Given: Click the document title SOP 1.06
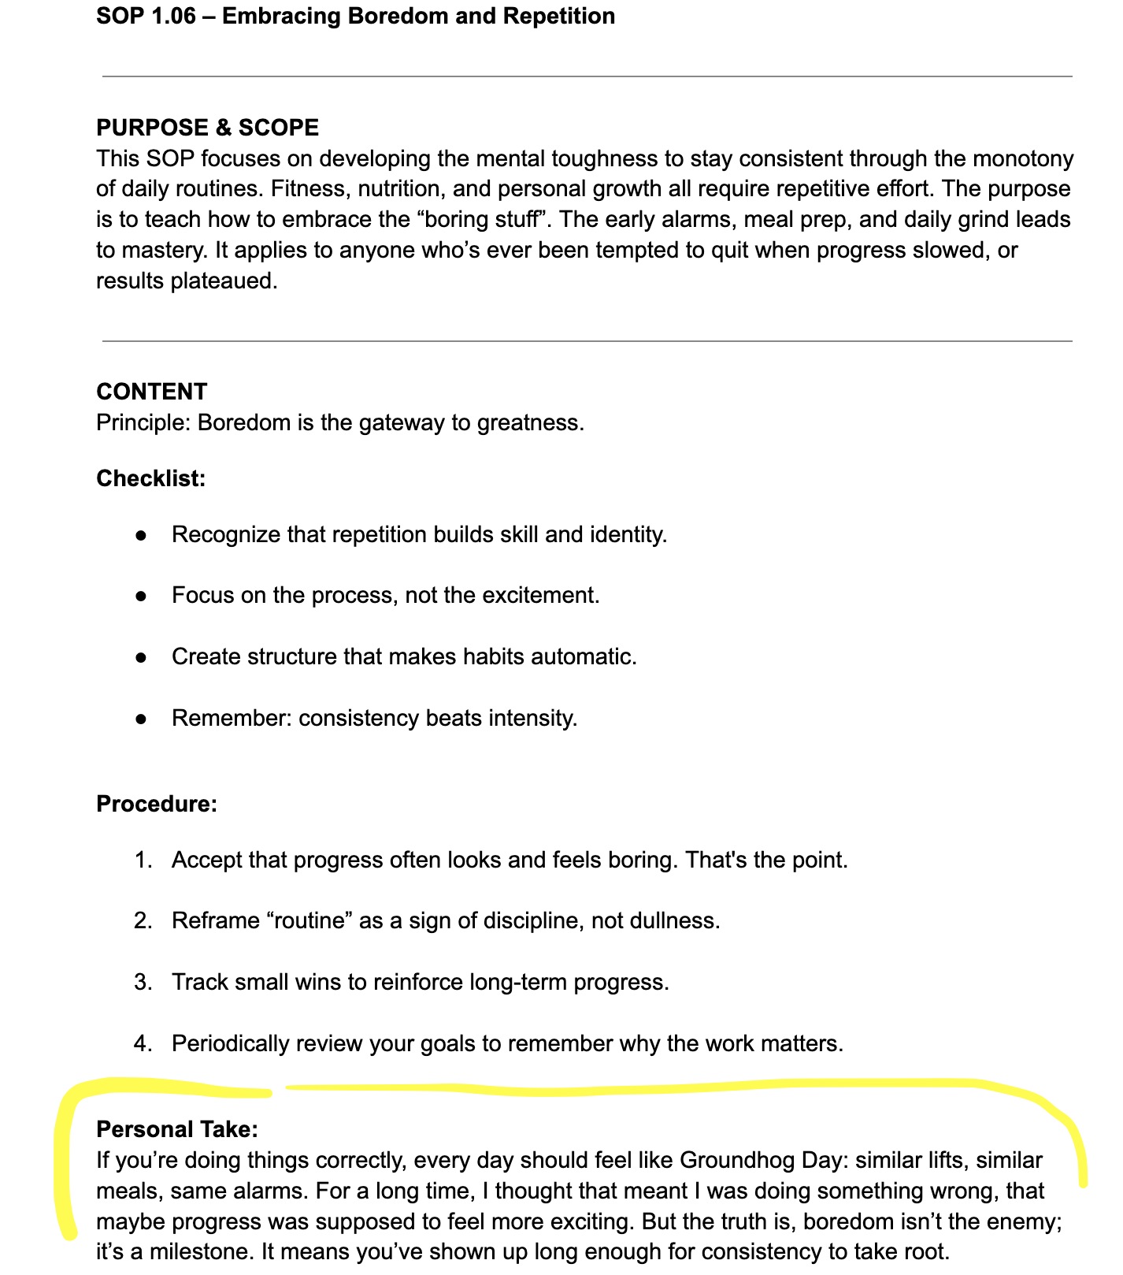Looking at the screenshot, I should pyautogui.click(x=355, y=16).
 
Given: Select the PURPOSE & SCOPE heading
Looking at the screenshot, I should pyautogui.click(x=207, y=128).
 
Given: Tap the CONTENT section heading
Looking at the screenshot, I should pyautogui.click(x=152, y=392).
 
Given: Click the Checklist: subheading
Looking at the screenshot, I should pyautogui.click(x=150, y=478).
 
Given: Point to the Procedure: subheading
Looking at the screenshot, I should pyautogui.click(x=156, y=804).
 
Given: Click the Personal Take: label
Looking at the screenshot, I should pyautogui.click(x=176, y=1129).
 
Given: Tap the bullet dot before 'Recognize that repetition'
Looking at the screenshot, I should pyautogui.click(x=141, y=535).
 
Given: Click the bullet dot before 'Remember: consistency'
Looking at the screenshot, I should pyautogui.click(x=141, y=719).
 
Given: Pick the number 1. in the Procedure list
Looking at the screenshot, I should pyautogui.click(x=143, y=860).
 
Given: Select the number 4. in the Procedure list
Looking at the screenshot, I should pyautogui.click(x=143, y=1044).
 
